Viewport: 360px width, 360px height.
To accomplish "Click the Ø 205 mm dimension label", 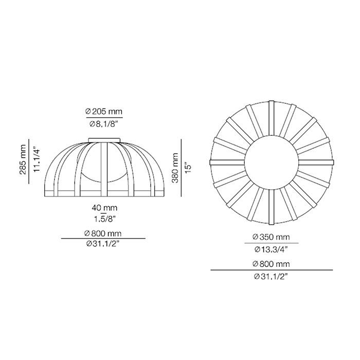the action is point(104,112).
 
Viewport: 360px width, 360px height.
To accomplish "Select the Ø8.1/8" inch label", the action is point(103,124).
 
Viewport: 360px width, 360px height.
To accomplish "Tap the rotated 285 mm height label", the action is point(23,159).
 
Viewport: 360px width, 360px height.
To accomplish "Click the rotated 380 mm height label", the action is point(175,168).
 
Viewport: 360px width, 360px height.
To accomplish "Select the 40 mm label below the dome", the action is point(104,208).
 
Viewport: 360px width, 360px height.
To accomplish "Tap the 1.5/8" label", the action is point(104,220).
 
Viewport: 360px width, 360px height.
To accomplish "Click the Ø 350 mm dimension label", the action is point(271,237).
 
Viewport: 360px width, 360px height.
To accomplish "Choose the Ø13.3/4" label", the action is point(271,249).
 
